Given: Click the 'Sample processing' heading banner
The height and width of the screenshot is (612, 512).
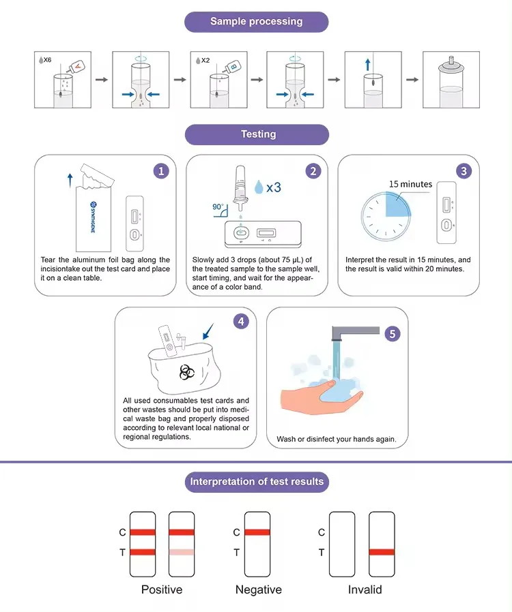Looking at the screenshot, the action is pyautogui.click(x=257, y=22).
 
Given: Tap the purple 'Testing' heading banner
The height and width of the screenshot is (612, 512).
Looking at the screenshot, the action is pyautogui.click(x=257, y=134).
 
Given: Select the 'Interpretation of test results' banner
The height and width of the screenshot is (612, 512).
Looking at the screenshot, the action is pyautogui.click(x=257, y=482).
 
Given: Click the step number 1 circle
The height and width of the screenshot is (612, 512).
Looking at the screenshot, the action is pyautogui.click(x=161, y=171).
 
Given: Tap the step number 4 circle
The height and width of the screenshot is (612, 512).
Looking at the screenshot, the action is pyautogui.click(x=241, y=322).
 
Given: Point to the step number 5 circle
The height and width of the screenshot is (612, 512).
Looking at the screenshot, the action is pyautogui.click(x=393, y=334).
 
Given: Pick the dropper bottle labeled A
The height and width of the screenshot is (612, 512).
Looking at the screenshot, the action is pyautogui.click(x=76, y=67).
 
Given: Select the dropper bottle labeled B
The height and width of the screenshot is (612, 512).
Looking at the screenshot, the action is pyautogui.click(x=232, y=67).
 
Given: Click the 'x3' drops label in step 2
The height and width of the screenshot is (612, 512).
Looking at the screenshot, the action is pyautogui.click(x=274, y=187).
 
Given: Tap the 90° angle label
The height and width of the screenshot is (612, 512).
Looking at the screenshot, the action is pyautogui.click(x=218, y=206).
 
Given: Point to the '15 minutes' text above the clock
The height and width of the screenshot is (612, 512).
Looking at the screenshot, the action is pyautogui.click(x=410, y=184).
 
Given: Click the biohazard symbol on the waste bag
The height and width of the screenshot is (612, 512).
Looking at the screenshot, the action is pyautogui.click(x=187, y=372).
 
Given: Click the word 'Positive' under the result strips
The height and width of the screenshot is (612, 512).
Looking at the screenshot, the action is pyautogui.click(x=162, y=590).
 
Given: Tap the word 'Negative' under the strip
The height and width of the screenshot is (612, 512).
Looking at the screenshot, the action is pyautogui.click(x=258, y=590).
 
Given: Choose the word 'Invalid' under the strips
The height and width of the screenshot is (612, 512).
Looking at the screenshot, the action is pyautogui.click(x=365, y=590).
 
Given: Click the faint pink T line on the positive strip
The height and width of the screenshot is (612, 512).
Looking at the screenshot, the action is pyautogui.click(x=182, y=552).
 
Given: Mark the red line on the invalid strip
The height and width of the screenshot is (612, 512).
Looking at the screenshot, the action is pyautogui.click(x=382, y=552).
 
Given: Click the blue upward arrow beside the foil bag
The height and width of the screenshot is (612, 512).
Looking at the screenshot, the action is pyautogui.click(x=70, y=181).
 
